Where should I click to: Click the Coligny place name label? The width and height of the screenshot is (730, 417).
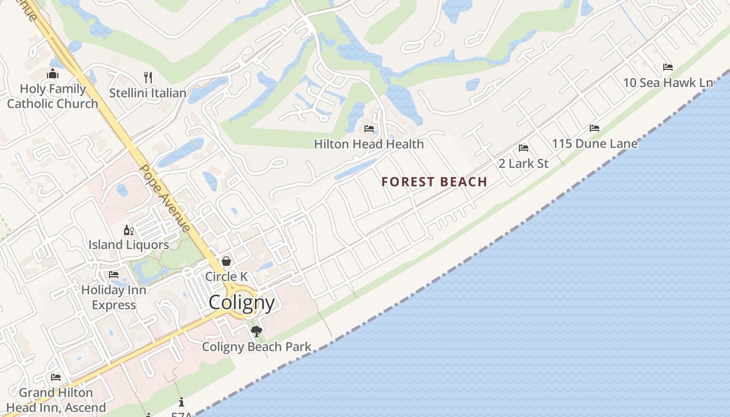pyautogui.click(x=241, y=302)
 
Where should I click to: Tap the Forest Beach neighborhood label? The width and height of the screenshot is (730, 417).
pyautogui.click(x=434, y=182)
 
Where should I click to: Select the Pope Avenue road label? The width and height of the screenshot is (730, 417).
pyautogui.click(x=165, y=198)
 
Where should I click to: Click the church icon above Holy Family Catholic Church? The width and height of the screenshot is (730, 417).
pyautogui.click(x=53, y=74)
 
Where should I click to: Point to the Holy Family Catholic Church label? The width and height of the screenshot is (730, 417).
pyautogui.click(x=53, y=96)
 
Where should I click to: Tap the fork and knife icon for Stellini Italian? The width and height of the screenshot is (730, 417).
pyautogui.click(x=148, y=78)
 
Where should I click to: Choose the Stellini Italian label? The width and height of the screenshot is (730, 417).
pyautogui.click(x=148, y=93)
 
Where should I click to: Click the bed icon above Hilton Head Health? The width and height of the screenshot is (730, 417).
pyautogui.click(x=369, y=128)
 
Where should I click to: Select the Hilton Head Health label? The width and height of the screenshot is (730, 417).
pyautogui.click(x=369, y=144)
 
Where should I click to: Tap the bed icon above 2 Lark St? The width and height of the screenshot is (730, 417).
pyautogui.click(x=524, y=148)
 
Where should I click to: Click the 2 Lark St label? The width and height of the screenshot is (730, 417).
pyautogui.click(x=524, y=164)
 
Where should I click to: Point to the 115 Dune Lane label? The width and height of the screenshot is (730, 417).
pyautogui.click(x=594, y=144)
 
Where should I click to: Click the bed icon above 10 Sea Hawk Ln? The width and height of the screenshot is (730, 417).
pyautogui.click(x=668, y=67)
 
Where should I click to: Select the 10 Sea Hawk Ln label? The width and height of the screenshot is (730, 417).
pyautogui.click(x=668, y=83)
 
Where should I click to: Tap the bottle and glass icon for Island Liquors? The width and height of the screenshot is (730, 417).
pyautogui.click(x=128, y=230)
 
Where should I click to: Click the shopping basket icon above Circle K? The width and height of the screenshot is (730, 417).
pyautogui.click(x=226, y=261)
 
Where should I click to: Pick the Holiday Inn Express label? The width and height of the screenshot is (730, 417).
pyautogui.click(x=114, y=297)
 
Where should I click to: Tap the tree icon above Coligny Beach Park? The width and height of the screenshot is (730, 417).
pyautogui.click(x=256, y=331)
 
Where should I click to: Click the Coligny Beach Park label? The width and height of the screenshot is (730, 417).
pyautogui.click(x=257, y=347)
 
